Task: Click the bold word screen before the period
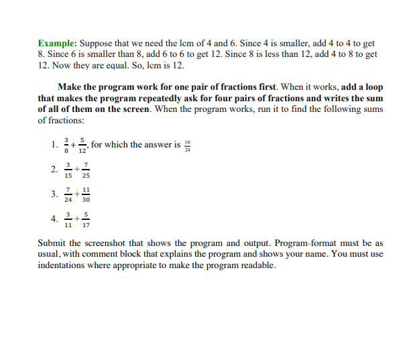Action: coord(135,109)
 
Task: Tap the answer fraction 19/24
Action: coord(187,145)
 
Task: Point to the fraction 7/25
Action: coord(86,170)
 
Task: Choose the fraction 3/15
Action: coord(68,170)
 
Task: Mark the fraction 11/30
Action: coord(86,195)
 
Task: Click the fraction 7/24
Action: coord(68,195)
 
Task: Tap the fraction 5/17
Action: coord(86,220)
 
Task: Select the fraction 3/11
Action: coord(68,220)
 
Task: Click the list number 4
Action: coord(53,219)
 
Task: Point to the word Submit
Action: coord(54,243)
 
